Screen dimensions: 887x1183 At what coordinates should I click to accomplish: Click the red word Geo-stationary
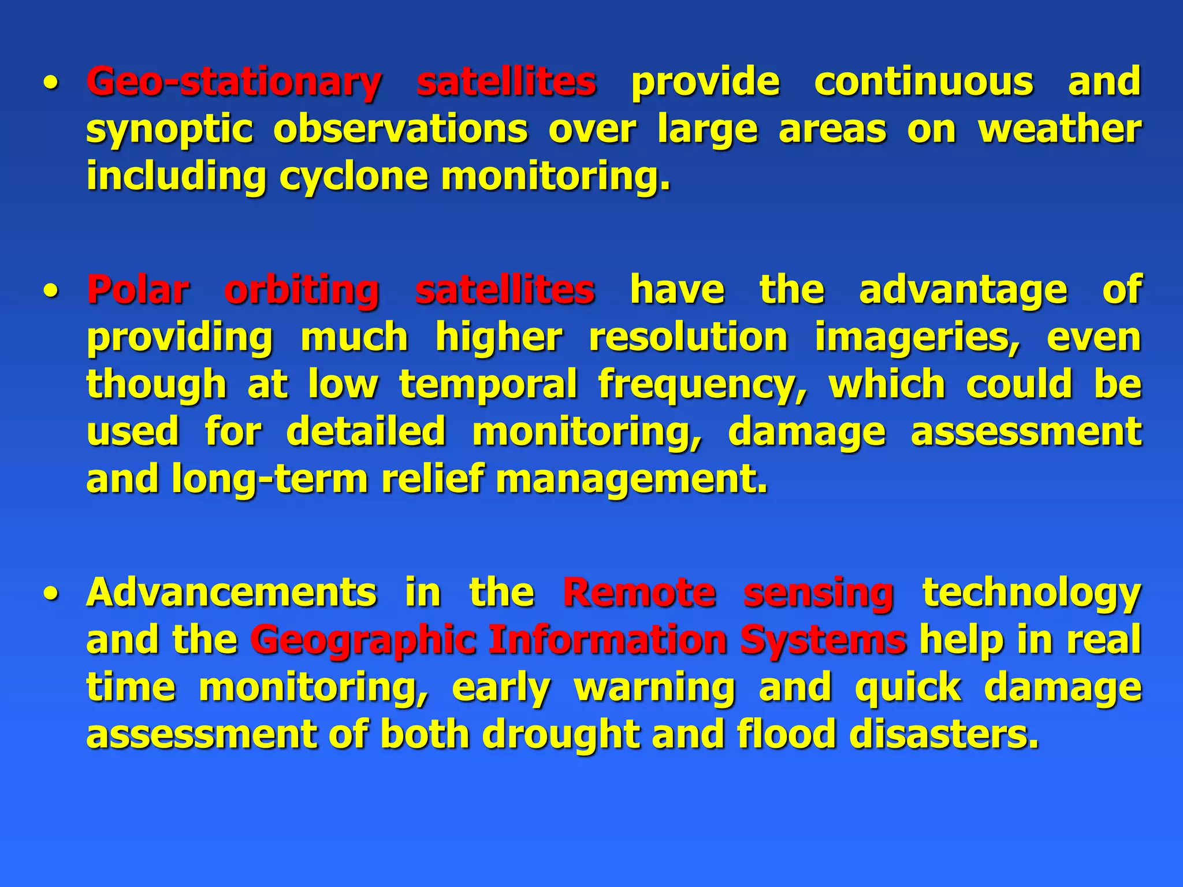pos(233,82)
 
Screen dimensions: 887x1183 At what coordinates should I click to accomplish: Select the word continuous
pos(924,82)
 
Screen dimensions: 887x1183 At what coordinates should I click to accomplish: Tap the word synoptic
pos(169,129)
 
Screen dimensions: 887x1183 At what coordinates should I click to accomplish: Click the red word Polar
pos(138,290)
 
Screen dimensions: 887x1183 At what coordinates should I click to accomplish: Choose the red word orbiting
pos(302,290)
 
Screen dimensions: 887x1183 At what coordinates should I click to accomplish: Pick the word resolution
pos(688,337)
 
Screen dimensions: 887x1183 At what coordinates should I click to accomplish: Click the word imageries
pos(917,337)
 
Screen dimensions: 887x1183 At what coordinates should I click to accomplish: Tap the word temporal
pos(488,385)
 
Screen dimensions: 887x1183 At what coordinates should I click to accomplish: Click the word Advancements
pos(232,592)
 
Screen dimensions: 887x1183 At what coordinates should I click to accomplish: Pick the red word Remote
pos(639,592)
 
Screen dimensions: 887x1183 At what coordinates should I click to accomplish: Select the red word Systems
pos(823,641)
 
